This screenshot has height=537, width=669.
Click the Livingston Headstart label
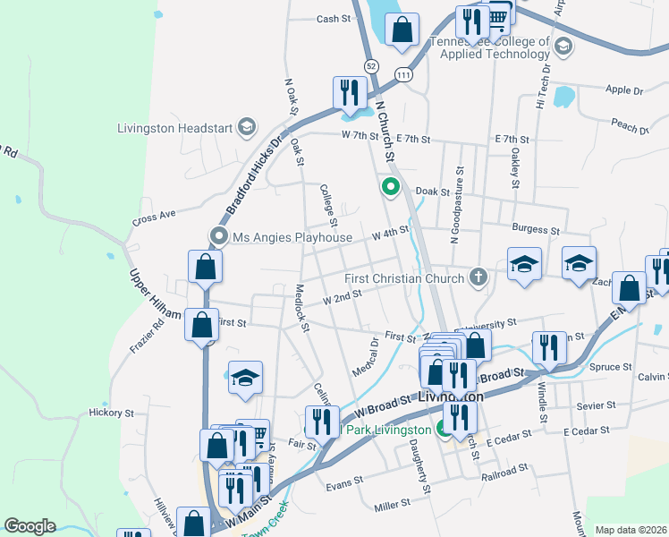[x=175, y=127]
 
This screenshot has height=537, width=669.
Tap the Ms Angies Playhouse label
[x=292, y=237]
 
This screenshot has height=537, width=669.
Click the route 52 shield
[x=370, y=65]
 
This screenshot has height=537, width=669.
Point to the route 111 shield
[x=403, y=76]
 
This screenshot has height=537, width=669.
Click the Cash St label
[x=332, y=19]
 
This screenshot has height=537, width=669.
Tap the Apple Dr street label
[x=624, y=90]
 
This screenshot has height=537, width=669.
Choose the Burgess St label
[x=535, y=230]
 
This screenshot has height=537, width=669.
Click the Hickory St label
[x=111, y=413]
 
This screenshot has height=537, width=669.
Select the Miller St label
[x=392, y=507]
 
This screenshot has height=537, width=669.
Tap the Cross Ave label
[x=151, y=217]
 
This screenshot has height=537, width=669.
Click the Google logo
[x=30, y=526]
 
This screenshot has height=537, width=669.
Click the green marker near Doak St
[x=390, y=187]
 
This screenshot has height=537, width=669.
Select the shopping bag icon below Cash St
[x=402, y=29]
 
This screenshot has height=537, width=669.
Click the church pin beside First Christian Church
[x=478, y=277]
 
